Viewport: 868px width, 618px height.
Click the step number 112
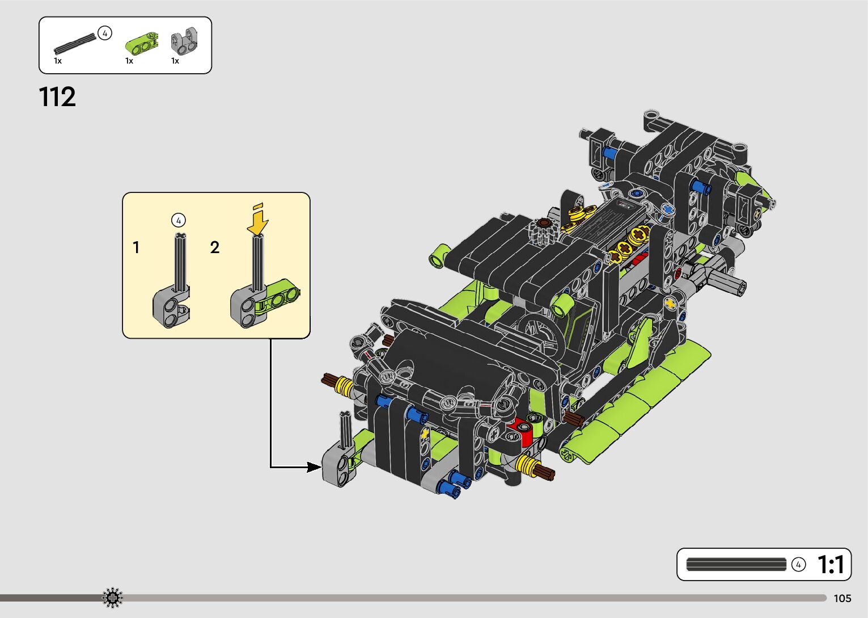[57, 97]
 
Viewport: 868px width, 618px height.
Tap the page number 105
[842, 598]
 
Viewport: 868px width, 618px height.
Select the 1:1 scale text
[831, 565]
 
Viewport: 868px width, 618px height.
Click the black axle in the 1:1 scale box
[736, 565]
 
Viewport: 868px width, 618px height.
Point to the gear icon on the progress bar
[112, 598]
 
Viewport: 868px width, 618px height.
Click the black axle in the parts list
[75, 43]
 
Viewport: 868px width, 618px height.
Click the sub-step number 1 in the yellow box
[136, 247]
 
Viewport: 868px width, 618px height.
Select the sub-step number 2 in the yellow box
[215, 247]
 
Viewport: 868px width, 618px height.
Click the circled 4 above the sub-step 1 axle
[178, 220]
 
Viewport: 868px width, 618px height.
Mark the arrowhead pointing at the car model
[314, 467]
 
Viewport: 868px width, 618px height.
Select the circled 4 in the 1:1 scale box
[798, 565]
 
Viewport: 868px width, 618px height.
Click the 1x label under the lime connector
[129, 61]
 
